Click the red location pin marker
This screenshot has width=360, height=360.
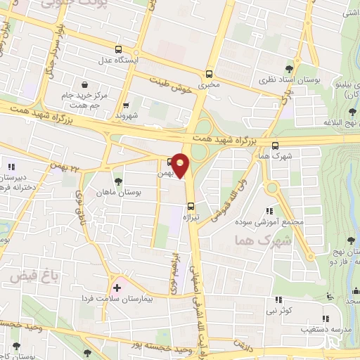click(x=181, y=165)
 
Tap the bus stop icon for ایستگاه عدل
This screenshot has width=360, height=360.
click(x=117, y=50)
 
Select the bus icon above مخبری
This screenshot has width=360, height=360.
click(x=209, y=74)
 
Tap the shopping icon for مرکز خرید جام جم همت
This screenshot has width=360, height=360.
click(x=84, y=83)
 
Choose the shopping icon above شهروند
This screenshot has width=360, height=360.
click(x=127, y=104)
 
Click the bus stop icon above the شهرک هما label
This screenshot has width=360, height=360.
click(x=274, y=145)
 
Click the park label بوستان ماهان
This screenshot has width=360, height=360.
click(x=118, y=191)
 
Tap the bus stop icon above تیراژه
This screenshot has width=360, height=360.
click(x=191, y=206)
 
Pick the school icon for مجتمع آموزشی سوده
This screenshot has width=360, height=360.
click(x=269, y=210)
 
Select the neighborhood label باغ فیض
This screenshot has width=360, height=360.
click(x=28, y=277)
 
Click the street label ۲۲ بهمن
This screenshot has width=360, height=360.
click(x=63, y=165)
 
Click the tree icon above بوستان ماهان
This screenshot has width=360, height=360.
click(x=117, y=181)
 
